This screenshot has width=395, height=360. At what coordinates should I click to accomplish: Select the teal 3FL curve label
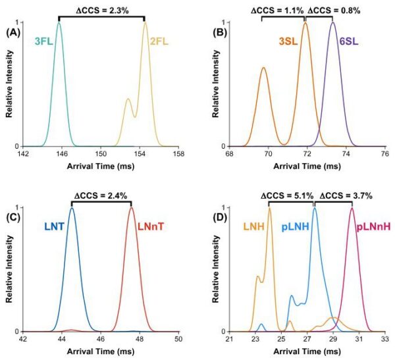coord(45,42)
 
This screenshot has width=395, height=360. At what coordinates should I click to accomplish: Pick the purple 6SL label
coord(348,42)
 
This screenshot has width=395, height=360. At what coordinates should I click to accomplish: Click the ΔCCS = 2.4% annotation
coord(101,193)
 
